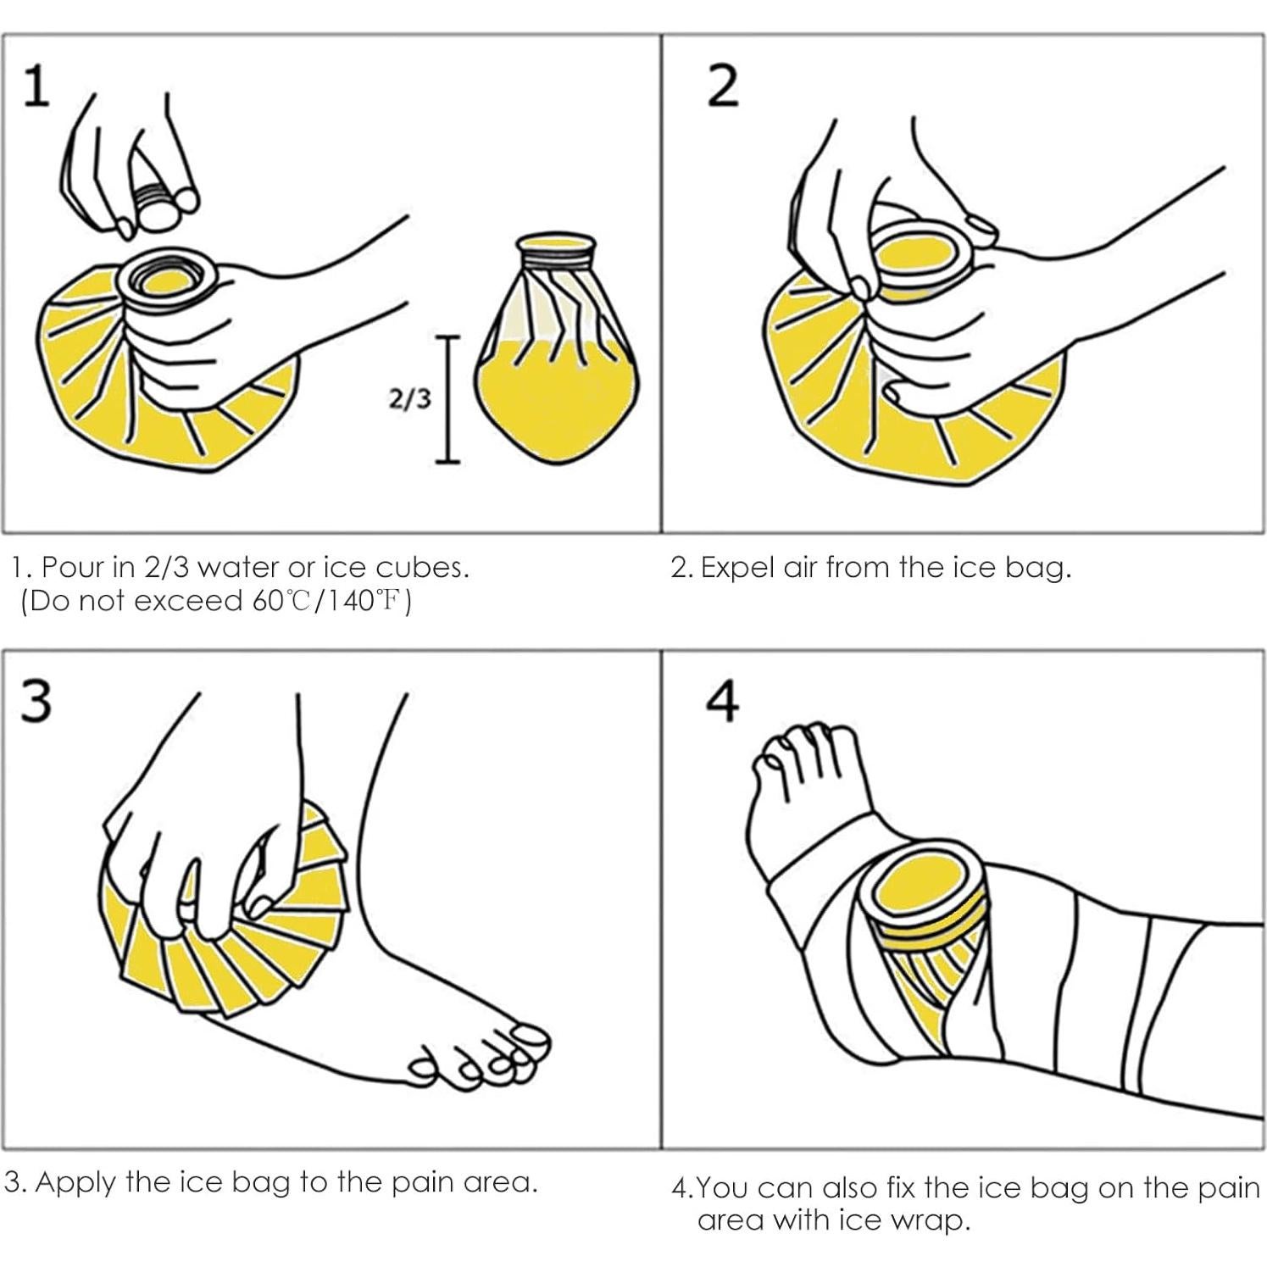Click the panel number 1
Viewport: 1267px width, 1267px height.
[35, 87]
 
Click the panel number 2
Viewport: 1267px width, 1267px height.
[722, 87]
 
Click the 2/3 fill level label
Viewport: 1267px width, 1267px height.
[409, 399]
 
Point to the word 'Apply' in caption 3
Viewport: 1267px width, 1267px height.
[75, 1182]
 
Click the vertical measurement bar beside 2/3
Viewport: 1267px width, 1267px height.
[447, 399]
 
